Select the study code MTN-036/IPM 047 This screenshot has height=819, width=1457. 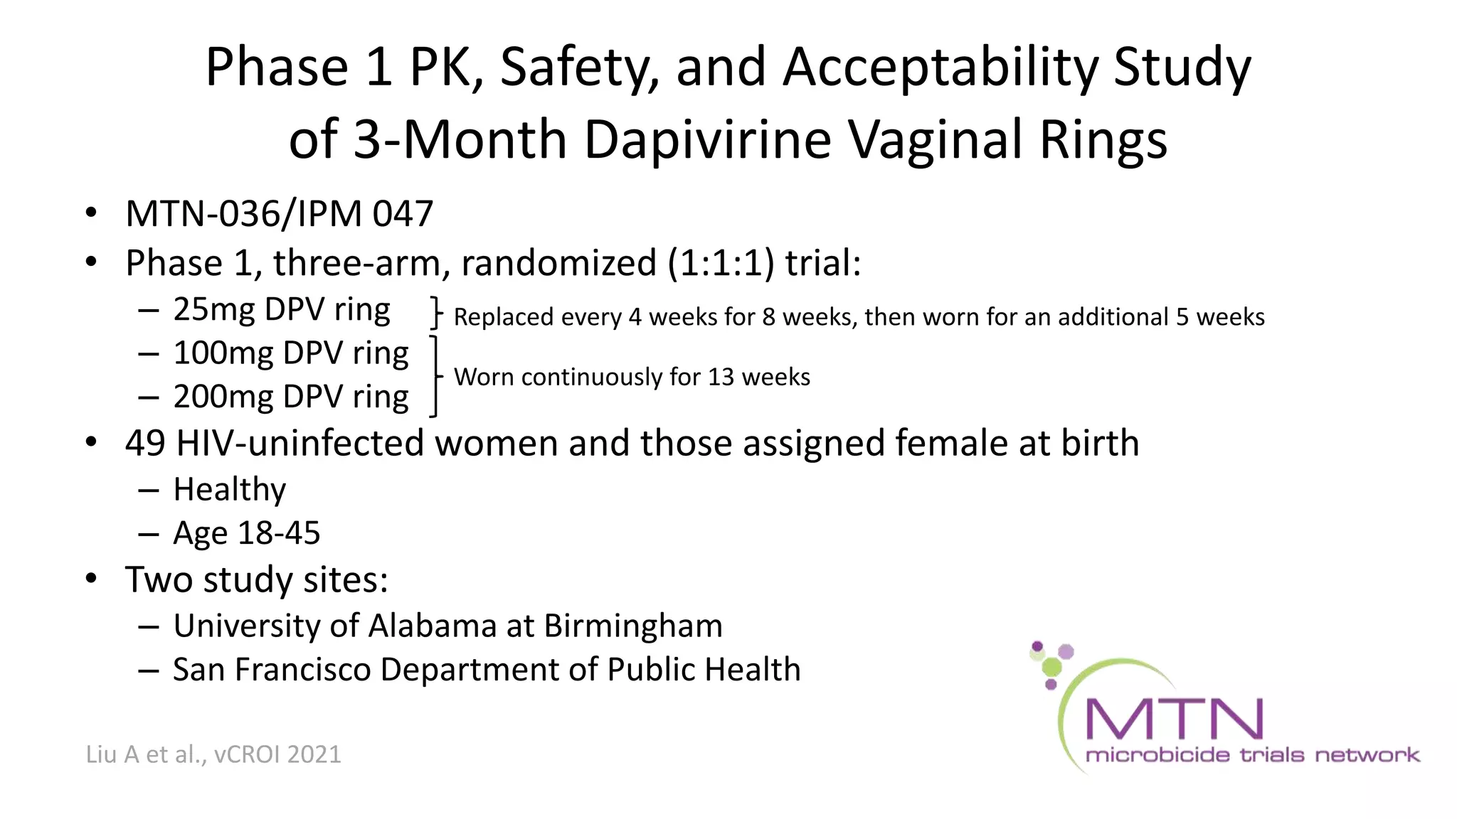(x=279, y=214)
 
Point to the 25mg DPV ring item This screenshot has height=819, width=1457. (x=282, y=310)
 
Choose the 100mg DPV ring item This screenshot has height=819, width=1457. (x=291, y=353)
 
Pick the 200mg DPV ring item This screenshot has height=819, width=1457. (x=291, y=397)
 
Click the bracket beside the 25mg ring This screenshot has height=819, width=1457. (x=436, y=313)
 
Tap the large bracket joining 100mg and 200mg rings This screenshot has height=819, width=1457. (x=435, y=376)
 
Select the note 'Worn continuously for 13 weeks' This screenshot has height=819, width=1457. (x=632, y=377)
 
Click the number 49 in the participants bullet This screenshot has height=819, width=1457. (x=145, y=444)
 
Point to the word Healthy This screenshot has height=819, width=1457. (x=229, y=490)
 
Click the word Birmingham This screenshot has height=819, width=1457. (x=633, y=626)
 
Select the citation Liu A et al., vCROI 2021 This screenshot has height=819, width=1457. (x=213, y=754)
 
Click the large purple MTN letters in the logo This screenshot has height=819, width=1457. (x=1174, y=719)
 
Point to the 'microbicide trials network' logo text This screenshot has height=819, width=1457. (x=1252, y=755)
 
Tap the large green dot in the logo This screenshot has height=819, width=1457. (x=1051, y=667)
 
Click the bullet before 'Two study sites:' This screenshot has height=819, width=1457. (x=91, y=579)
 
